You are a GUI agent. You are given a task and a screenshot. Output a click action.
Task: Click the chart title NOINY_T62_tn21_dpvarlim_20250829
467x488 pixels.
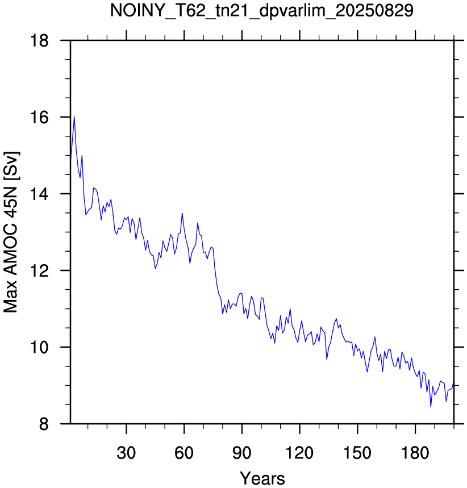click(262, 11)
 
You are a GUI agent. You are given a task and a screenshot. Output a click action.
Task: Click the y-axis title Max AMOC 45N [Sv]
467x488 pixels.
click(11, 232)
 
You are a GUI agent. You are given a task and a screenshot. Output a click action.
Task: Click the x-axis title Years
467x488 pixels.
click(262, 478)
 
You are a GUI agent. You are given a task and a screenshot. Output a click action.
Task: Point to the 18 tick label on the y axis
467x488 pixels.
click(39, 40)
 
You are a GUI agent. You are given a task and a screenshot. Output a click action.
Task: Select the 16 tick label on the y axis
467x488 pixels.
click(39, 118)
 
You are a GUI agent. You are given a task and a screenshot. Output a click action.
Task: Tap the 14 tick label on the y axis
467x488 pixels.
click(39, 194)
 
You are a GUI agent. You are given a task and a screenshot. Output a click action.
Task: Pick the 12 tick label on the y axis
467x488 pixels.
click(39, 270)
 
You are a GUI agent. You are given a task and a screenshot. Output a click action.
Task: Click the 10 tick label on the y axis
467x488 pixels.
click(39, 347)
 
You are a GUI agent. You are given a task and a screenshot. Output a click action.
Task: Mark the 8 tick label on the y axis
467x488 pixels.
click(44, 424)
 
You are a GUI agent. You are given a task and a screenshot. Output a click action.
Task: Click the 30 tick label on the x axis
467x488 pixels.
click(126, 453)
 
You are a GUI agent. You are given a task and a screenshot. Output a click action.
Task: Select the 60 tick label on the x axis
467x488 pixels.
click(184, 453)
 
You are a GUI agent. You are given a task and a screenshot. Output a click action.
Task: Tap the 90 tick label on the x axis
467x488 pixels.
click(242, 453)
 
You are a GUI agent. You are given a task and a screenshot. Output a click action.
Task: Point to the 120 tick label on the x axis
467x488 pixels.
click(299, 453)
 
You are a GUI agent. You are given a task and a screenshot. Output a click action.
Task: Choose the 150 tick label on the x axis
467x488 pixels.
click(357, 453)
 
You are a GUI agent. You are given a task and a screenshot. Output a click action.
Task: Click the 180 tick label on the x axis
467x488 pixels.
click(415, 453)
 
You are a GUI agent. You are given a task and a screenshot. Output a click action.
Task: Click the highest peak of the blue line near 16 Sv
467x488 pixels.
click(74, 116)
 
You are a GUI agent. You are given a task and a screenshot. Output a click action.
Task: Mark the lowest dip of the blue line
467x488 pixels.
click(431, 406)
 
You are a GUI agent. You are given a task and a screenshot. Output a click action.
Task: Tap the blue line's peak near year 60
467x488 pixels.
click(182, 213)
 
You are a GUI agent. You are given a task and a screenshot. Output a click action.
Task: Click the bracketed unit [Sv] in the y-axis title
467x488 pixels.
click(11, 165)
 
